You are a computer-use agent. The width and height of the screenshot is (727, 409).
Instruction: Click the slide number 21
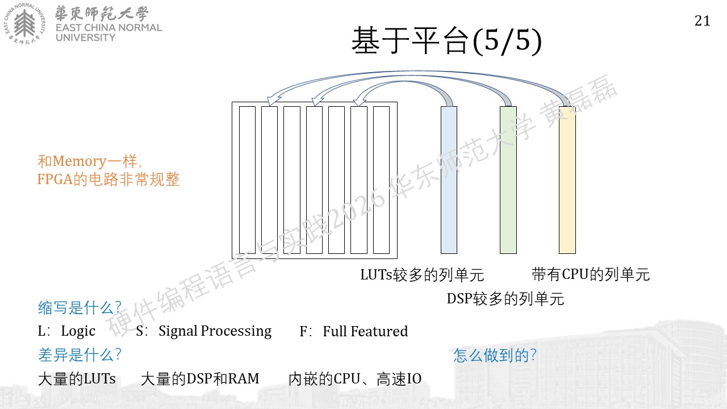703,21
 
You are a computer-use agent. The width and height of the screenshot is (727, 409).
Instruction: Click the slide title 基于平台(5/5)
447,40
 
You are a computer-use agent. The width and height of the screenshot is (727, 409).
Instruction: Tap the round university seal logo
24,24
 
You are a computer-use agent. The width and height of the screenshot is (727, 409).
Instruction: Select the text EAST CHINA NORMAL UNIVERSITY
108,32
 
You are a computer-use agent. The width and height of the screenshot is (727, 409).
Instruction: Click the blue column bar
449,180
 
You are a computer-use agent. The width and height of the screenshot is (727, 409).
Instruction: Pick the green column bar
508,180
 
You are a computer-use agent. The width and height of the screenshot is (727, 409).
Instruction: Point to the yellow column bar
567,180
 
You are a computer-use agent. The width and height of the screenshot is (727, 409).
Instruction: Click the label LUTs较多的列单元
422,275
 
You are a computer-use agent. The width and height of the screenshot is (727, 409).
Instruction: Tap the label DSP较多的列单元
505,299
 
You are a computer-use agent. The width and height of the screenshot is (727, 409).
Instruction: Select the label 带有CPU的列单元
591,274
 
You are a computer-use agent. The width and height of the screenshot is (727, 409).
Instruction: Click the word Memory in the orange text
80,161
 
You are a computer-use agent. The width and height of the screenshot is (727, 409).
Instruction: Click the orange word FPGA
55,179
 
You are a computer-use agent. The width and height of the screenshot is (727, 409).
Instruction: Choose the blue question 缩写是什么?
80,307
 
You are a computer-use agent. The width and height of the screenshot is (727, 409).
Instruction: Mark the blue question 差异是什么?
80,355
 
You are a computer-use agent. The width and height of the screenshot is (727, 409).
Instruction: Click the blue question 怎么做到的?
495,356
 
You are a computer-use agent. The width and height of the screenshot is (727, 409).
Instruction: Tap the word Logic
78,331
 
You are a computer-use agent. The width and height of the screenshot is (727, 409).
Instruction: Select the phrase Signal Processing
215,331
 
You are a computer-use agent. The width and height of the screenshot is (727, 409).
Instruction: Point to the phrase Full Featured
365,331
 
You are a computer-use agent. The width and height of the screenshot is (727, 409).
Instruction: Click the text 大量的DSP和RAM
200,379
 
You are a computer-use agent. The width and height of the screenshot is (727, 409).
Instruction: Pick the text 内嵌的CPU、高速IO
355,379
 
